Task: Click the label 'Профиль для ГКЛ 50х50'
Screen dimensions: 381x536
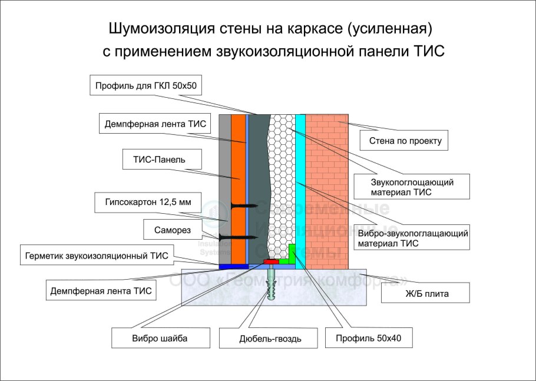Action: click(147, 86)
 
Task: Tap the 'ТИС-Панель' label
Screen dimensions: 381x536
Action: click(155, 160)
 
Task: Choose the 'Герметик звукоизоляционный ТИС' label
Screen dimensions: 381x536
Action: click(97, 256)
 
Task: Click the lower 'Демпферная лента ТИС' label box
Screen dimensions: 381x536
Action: click(101, 290)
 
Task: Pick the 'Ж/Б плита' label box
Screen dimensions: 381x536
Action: click(426, 293)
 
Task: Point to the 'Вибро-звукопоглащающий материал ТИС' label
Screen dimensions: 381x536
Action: click(412, 238)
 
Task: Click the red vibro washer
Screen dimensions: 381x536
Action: click(271, 261)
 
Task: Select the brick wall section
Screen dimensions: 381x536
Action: click(327, 188)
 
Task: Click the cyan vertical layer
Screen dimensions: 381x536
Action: click(300, 177)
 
